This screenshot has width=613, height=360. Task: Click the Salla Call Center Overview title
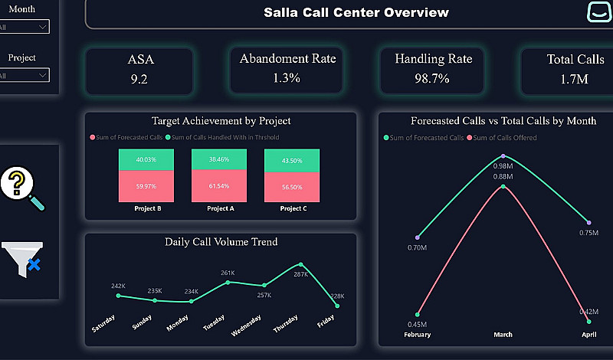coord(356,12)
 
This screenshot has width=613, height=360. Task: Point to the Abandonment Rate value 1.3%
coord(287,77)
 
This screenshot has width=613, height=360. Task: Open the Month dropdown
coord(25,27)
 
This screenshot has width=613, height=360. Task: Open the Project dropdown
coord(25,75)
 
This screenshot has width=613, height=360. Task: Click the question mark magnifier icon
coord(22,188)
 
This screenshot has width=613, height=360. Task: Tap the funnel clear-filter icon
coord(21,259)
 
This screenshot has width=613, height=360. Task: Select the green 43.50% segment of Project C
coord(291,161)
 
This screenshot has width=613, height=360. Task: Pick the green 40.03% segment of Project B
coord(146,159)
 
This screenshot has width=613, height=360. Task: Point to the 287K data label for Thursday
coord(300,274)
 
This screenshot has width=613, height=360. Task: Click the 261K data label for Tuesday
coord(228,273)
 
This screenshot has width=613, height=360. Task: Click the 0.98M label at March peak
coord(503,166)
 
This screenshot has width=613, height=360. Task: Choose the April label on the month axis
coord(588,335)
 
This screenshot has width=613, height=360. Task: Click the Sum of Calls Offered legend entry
coord(506,138)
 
